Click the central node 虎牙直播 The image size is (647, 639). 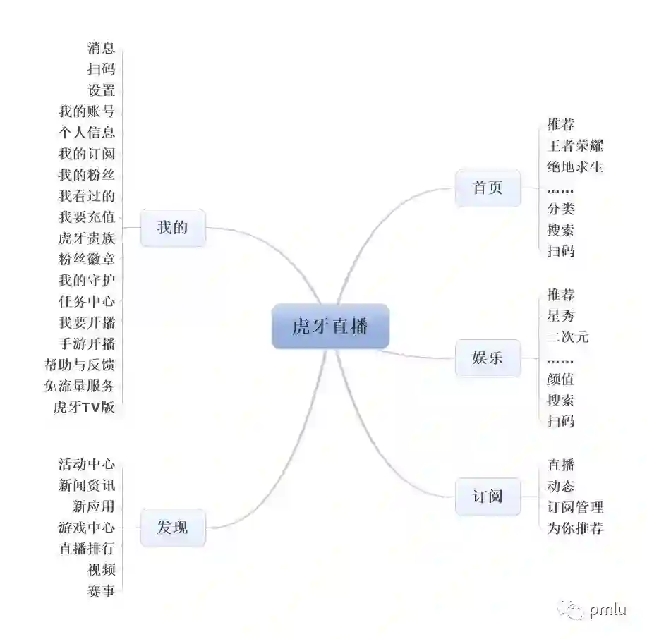pos(330,327)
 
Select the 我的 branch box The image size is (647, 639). pos(172,228)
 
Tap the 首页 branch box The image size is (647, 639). pos(488,188)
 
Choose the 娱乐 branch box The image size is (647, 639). pos(488,357)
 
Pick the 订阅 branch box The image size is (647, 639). pos(488,496)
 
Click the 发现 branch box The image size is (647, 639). pos(172,527)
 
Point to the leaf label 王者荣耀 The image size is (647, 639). pos(575,146)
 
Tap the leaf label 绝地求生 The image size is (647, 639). pos(575,167)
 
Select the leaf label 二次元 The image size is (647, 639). pos(568,336)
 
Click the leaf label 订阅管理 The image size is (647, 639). pos(575,506)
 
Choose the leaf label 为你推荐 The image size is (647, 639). pos(575,528)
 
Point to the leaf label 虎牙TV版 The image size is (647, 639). pos(84,407)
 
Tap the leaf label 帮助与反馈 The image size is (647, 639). pos(79,365)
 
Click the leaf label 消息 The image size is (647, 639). pos(101,48)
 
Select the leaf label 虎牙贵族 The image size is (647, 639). pos(86,238)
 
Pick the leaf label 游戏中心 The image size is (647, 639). pos(86,527)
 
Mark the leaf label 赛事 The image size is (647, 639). pos(101,590)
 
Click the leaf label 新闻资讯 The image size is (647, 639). pos(86,485)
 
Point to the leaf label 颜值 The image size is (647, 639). pos(561,379)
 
